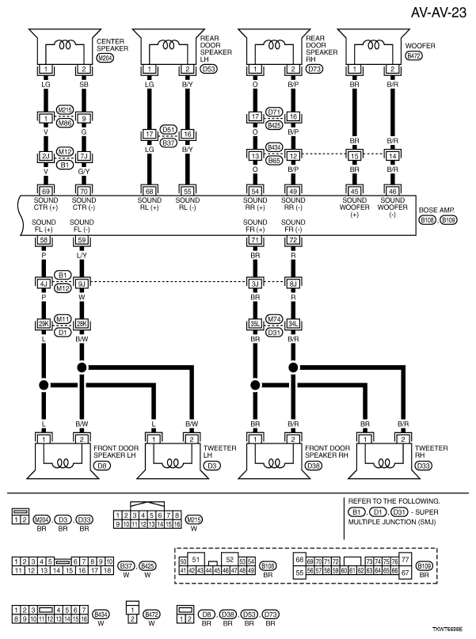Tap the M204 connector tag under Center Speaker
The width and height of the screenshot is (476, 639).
(x=105, y=58)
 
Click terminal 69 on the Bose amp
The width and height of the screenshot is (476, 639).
(x=44, y=192)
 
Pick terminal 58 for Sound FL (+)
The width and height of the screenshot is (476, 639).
(x=44, y=240)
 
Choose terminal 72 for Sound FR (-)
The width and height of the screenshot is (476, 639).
(x=292, y=240)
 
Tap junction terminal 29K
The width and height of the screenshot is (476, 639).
(x=44, y=324)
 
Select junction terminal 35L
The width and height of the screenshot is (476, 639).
(x=255, y=324)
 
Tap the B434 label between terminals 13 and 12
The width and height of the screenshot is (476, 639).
(x=274, y=147)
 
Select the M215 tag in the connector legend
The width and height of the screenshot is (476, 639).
(x=193, y=519)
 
